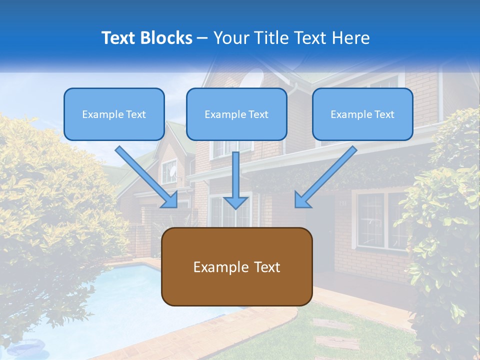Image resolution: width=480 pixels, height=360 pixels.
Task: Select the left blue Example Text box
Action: [x=114, y=114]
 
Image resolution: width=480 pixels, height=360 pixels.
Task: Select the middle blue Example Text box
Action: [x=236, y=114]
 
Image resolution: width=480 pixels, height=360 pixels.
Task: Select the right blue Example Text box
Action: [x=362, y=114]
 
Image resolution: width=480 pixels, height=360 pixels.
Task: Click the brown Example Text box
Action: [x=236, y=266]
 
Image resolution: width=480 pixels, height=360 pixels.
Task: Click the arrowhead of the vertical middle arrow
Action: [x=236, y=202]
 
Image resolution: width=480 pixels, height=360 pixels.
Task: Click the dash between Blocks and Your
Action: [x=202, y=38]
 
